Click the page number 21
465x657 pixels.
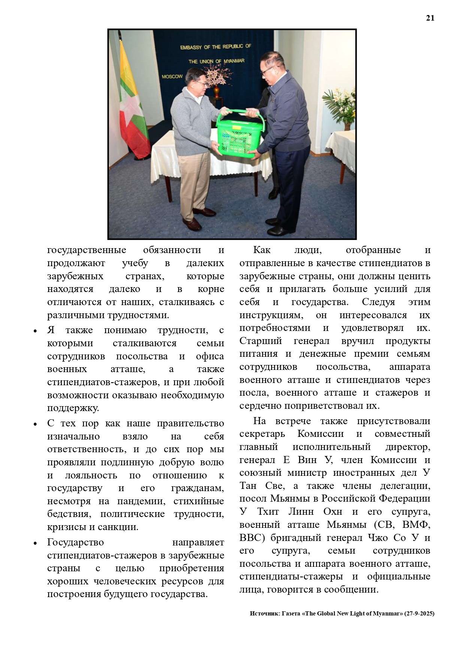pyautogui.click(x=430, y=18)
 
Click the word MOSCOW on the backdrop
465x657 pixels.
pyautogui.click(x=172, y=77)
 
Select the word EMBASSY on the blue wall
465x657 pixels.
pyautogui.click(x=191, y=48)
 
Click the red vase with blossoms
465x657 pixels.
pyautogui.click(x=217, y=91)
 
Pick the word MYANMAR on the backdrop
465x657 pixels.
pyautogui.click(x=234, y=61)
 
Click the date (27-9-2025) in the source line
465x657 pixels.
pyautogui.click(x=419, y=614)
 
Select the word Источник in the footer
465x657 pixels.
pyautogui.click(x=264, y=614)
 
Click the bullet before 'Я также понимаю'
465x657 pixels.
pyautogui.click(x=35, y=331)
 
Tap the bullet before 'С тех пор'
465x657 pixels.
pyautogui.click(x=35, y=424)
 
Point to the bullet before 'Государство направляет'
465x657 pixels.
pyautogui.click(x=35, y=543)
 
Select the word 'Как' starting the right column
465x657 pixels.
pyautogui.click(x=262, y=250)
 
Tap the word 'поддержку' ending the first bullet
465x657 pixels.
pyautogui.click(x=73, y=408)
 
